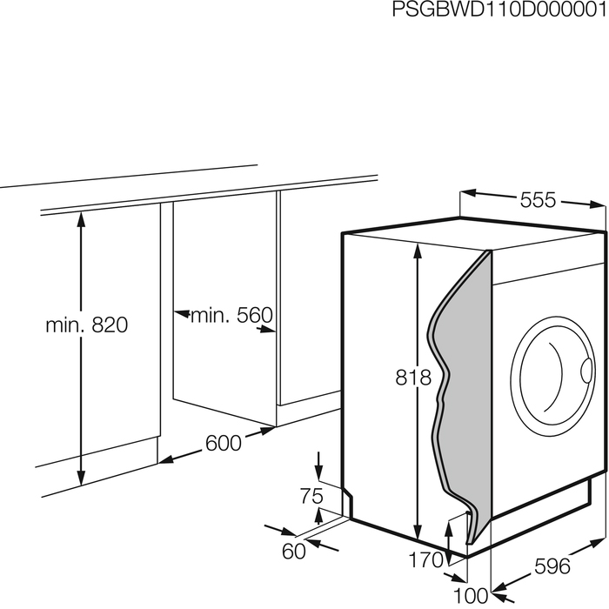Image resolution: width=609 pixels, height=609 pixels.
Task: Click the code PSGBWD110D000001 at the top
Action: click(x=499, y=10)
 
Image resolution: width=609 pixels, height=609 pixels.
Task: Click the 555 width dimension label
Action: click(x=538, y=200)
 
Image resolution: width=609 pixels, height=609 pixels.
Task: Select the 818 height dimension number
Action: click(x=413, y=377)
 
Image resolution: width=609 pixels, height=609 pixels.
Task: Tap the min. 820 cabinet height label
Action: click(x=87, y=325)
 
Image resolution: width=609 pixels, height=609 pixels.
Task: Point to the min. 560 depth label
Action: click(x=231, y=315)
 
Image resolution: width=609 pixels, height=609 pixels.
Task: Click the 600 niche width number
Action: click(x=224, y=443)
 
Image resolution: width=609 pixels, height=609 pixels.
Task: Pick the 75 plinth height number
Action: click(x=311, y=496)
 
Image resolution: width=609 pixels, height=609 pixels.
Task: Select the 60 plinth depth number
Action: click(x=294, y=551)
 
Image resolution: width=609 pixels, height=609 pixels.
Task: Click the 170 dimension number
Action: click(x=425, y=559)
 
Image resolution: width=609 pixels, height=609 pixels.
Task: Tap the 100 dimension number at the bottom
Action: click(x=471, y=595)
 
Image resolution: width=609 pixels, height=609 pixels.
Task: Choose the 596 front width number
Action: click(x=552, y=565)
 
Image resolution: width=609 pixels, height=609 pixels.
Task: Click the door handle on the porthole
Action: click(x=587, y=369)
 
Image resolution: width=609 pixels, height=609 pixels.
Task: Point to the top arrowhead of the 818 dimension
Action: click(x=418, y=251)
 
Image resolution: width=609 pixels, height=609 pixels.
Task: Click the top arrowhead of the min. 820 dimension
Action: click(x=81, y=220)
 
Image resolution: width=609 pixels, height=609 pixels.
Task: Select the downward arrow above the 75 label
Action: click(x=319, y=465)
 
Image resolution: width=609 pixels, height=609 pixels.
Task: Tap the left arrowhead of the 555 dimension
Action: click(x=468, y=192)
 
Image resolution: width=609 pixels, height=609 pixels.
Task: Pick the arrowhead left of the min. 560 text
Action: click(x=181, y=313)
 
